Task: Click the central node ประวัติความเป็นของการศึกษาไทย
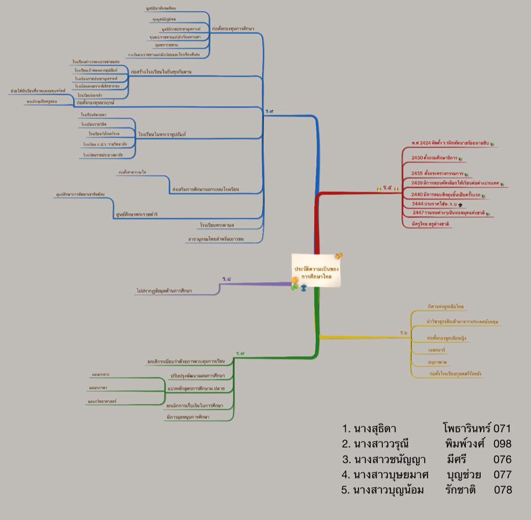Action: click(x=317, y=271)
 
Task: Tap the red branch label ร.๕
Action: click(x=387, y=188)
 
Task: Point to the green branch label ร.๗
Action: click(x=240, y=352)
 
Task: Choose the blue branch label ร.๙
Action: click(x=269, y=111)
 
